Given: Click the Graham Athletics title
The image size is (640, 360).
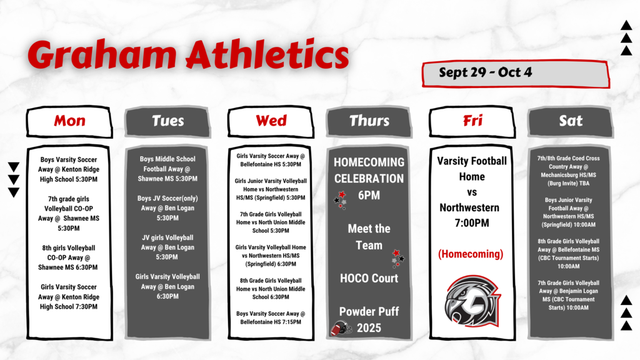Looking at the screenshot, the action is (x=188, y=55).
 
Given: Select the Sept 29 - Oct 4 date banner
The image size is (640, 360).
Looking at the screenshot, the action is (x=516, y=74).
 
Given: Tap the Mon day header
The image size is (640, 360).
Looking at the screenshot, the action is (x=69, y=122).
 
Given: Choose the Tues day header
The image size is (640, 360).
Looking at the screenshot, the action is (x=167, y=122).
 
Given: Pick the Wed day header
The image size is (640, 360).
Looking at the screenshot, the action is (x=271, y=122).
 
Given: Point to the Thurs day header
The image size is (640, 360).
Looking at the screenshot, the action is (x=369, y=122).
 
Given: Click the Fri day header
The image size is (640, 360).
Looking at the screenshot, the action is (x=472, y=122).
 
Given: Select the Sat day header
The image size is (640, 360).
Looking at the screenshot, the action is (x=571, y=122).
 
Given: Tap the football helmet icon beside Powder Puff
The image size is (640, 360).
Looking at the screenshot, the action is (x=341, y=327).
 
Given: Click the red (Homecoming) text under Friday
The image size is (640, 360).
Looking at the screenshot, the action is (x=471, y=254).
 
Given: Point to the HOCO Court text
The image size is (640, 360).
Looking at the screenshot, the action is (x=369, y=278).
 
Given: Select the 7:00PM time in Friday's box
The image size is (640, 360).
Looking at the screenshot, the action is (x=472, y=223).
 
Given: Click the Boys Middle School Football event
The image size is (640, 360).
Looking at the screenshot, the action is (x=167, y=169).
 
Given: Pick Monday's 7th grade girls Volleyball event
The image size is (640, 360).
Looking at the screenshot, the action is (x=69, y=214).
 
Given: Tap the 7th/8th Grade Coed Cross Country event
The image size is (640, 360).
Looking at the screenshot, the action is (x=568, y=171).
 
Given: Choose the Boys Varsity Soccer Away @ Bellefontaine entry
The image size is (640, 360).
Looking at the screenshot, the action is (x=271, y=317).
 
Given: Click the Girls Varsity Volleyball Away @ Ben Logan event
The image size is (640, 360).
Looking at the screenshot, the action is (x=167, y=286).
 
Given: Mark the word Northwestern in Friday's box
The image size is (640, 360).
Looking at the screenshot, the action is (x=469, y=207).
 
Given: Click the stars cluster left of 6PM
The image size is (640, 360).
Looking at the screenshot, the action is (x=341, y=200).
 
